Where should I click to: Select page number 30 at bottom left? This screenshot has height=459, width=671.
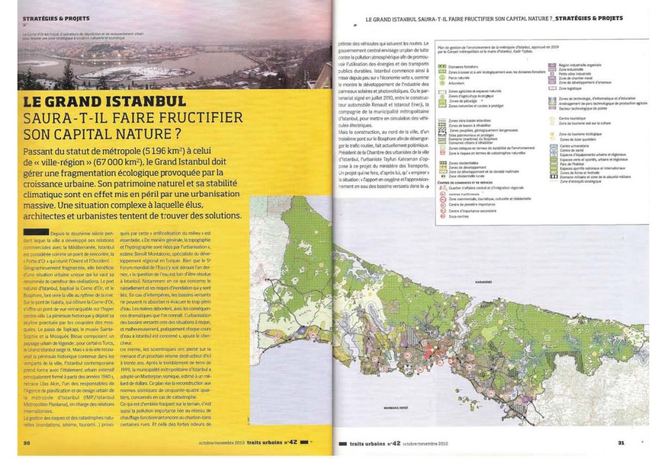coord(28,442)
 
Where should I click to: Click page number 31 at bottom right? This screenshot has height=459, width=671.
coord(621,442)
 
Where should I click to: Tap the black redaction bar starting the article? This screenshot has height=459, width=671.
coord(36,231)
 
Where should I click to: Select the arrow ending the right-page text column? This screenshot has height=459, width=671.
coord(427,186)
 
